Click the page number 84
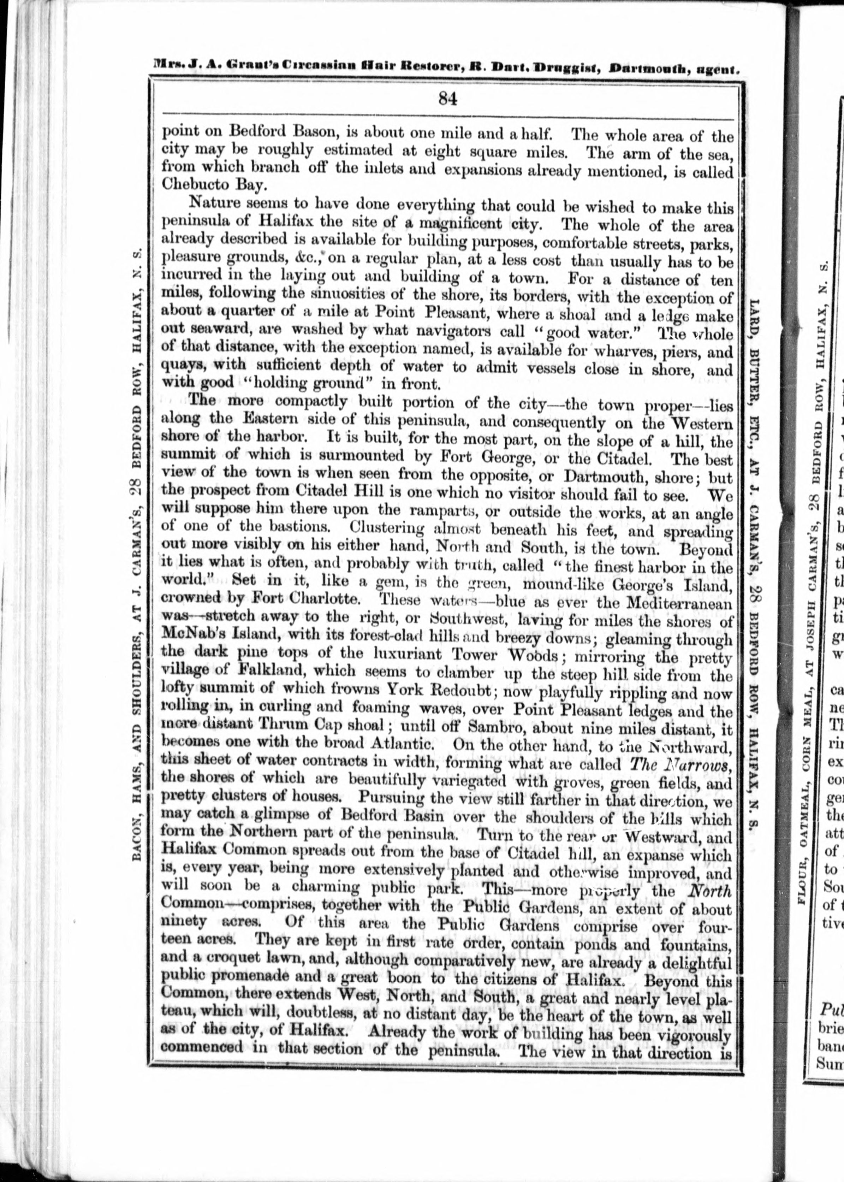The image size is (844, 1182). [x=447, y=99]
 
